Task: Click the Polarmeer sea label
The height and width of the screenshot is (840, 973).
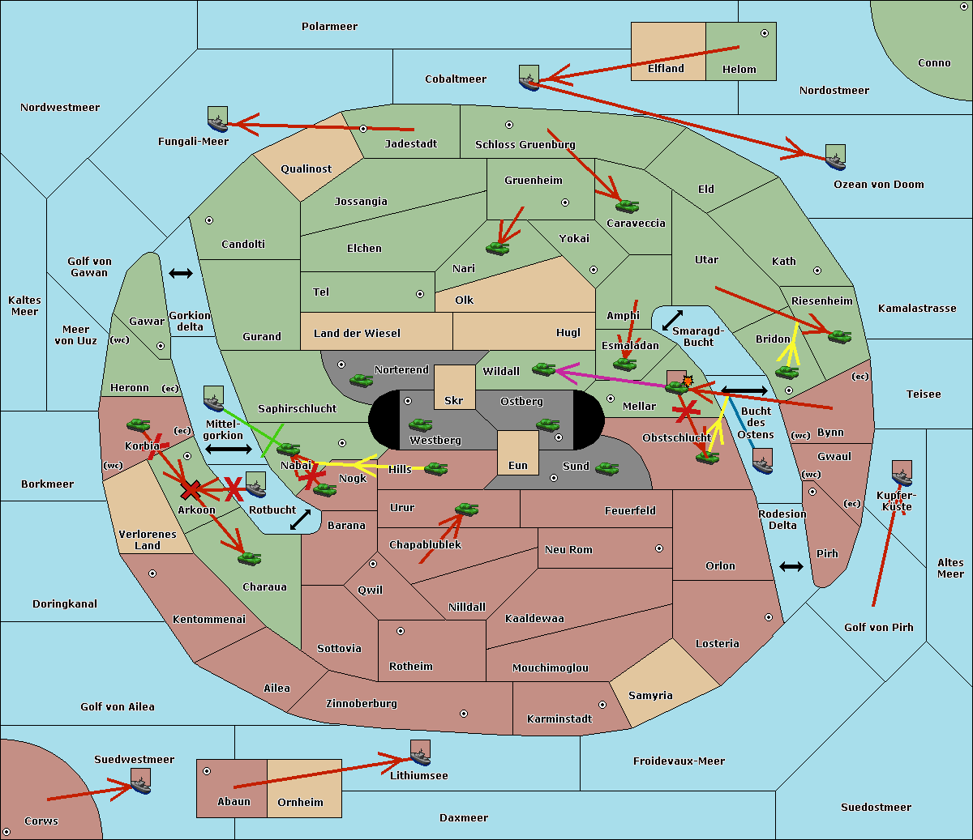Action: point(329,27)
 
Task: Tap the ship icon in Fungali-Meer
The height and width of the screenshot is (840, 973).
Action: point(217,120)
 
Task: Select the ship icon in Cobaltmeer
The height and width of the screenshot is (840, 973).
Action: point(529,78)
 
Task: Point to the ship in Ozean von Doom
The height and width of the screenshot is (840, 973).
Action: point(835,158)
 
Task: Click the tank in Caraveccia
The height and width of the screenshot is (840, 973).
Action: point(627,207)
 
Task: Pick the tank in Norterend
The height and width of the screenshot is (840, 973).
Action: point(361,380)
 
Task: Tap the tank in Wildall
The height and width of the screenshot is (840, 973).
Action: point(543,369)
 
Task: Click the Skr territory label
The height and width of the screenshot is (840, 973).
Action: point(454,400)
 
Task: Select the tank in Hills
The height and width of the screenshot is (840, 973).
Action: point(436,468)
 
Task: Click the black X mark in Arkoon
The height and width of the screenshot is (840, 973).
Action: point(191,489)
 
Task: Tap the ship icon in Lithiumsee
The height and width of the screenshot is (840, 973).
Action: point(420,753)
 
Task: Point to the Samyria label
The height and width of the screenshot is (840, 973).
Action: point(650,695)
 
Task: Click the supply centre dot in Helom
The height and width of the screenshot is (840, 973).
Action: point(764,33)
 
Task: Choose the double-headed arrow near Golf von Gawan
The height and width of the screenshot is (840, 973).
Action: point(180,274)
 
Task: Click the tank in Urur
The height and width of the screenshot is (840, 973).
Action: point(466,509)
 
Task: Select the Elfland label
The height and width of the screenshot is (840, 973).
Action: point(666,69)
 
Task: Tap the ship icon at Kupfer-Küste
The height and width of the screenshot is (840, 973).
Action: point(902,474)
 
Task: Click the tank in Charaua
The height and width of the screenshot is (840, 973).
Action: point(249,558)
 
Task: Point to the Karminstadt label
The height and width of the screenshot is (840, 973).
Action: point(559,718)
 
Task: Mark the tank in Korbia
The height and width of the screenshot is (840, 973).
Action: point(138,424)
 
